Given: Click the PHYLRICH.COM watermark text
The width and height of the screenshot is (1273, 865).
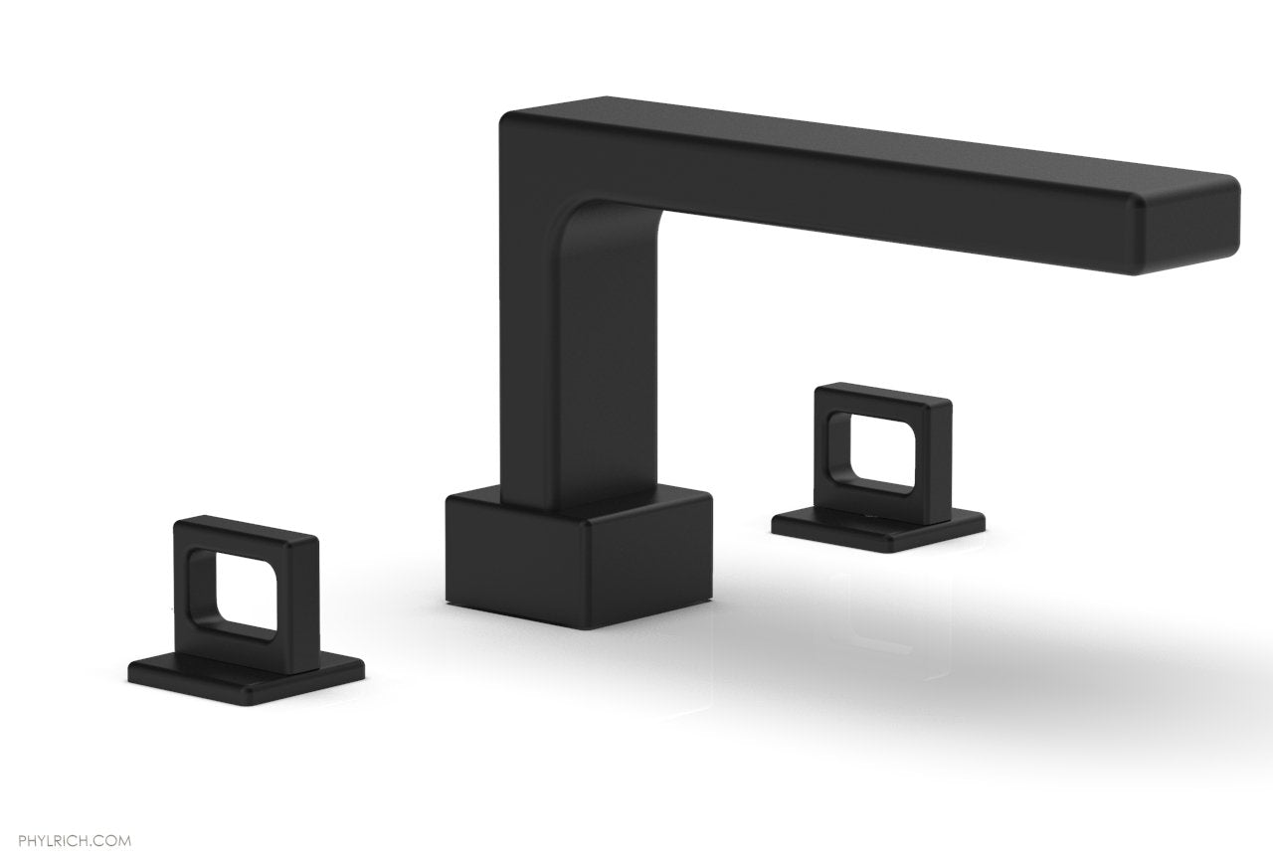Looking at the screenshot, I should (66, 813).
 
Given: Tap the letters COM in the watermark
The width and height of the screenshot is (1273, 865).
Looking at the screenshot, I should (112, 813).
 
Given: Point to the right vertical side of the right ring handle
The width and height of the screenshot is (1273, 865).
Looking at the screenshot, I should (935, 457).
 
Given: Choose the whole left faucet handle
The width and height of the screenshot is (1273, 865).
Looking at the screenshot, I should (247, 611).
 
